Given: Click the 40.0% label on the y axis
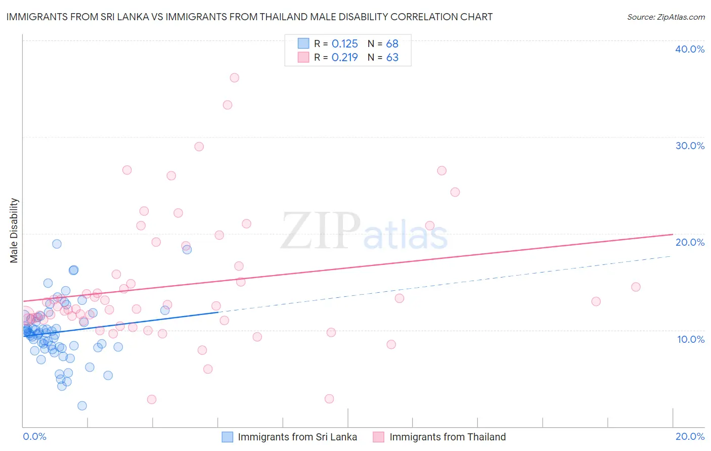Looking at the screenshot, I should click(690, 49).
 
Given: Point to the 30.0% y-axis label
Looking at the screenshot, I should click(690, 146).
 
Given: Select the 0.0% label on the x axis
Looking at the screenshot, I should click(34, 436).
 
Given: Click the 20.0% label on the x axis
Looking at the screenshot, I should click(690, 436).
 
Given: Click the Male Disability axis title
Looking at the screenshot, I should click(14, 230).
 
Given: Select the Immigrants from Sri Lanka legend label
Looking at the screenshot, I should click(297, 437).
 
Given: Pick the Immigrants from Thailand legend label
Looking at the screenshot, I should click(448, 437).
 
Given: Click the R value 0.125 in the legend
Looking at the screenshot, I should click(344, 44).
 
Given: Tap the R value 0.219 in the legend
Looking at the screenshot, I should click(344, 58).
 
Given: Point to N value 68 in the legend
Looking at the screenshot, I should click(392, 44).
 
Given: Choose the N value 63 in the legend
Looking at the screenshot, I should click(392, 58).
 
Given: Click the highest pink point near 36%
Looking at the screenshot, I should click(234, 78).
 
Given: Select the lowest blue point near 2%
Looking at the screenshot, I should click(82, 405).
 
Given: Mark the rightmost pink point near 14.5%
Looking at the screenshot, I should click(636, 287).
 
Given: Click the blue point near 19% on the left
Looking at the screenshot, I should click(57, 244).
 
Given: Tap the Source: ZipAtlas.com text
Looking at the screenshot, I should click(665, 17).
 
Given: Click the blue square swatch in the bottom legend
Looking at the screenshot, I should click(228, 437).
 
